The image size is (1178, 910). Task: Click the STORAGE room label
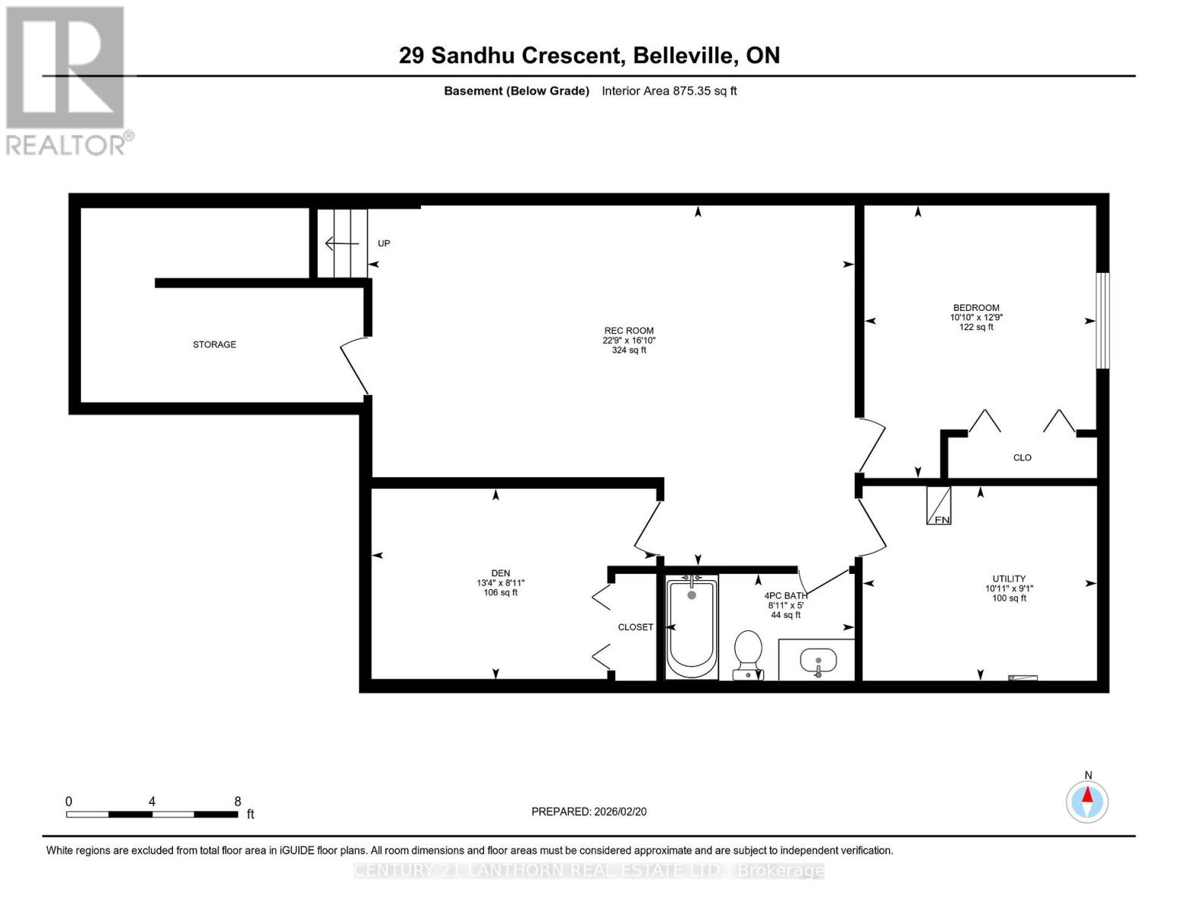click(x=214, y=344)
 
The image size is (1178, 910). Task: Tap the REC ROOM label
click(x=629, y=331)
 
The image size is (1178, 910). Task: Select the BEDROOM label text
click(x=975, y=308)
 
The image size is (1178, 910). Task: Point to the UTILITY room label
click(x=1009, y=579)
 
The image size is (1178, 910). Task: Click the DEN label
click(x=500, y=573)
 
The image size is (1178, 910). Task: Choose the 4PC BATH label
click(x=785, y=596)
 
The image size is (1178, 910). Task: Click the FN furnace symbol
click(x=938, y=506)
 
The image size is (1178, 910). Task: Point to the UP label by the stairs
click(x=384, y=243)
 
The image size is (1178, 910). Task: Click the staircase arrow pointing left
click(x=341, y=243)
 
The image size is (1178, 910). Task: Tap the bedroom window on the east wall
click(x=1103, y=321)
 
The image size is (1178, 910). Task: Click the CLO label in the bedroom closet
click(x=1022, y=458)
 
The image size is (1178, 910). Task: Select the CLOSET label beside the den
click(x=635, y=627)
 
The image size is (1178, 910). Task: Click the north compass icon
click(x=1087, y=801)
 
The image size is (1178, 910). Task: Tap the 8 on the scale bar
click(x=237, y=802)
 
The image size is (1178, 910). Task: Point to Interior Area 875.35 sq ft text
click(x=669, y=91)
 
